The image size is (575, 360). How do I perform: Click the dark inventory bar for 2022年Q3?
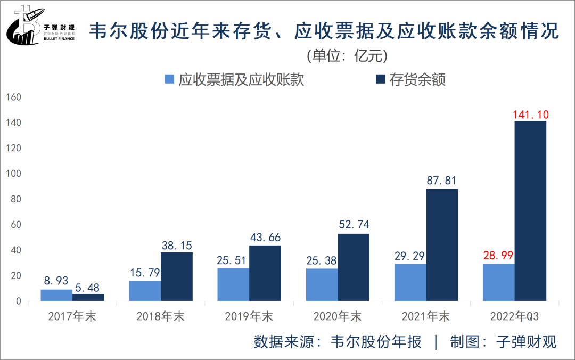coord(530,211)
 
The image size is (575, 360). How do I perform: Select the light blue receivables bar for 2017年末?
coord(56,295)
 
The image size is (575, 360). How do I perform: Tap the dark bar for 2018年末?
coord(177,276)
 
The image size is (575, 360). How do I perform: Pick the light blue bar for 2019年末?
coord(233,284)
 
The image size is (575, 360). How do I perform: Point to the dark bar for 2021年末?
coord(442,245)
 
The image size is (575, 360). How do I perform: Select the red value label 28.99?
coord(498,256)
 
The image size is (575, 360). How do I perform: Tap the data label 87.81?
coord(441,181)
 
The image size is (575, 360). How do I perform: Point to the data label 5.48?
coord(88,288)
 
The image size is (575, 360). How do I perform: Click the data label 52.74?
coord(354,225)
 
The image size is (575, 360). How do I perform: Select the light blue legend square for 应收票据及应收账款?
coord(170,79)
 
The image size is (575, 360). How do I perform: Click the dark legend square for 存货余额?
coord(380,79)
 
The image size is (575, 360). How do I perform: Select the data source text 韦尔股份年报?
coord(376,341)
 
